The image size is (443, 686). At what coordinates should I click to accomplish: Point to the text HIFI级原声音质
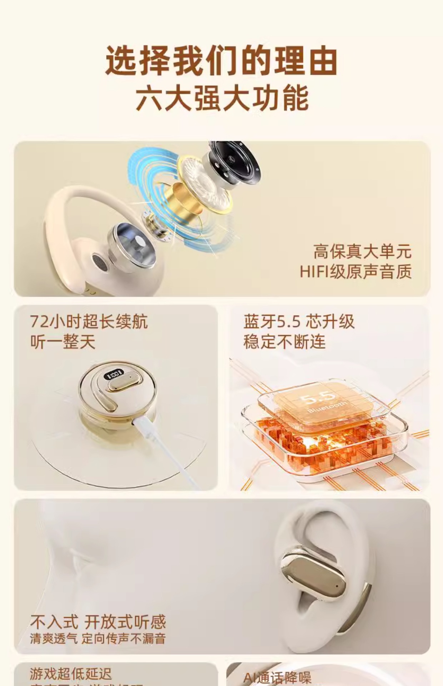click(355, 271)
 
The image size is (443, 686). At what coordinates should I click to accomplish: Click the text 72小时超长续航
click(89, 321)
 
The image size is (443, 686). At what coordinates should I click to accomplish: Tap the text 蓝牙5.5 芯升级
click(299, 321)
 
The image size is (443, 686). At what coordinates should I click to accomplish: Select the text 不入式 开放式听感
click(98, 622)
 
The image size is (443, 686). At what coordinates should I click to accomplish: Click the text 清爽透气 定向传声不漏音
click(98, 639)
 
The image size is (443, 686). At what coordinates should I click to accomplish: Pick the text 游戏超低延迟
click(71, 674)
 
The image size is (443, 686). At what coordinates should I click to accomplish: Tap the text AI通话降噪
click(277, 677)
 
